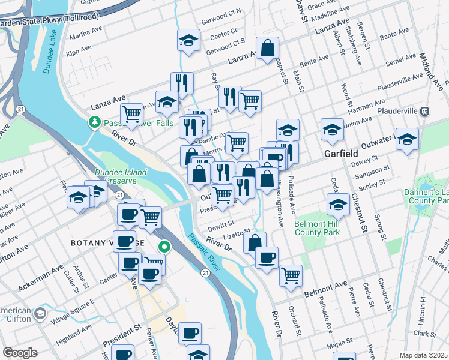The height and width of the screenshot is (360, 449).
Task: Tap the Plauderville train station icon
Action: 424,111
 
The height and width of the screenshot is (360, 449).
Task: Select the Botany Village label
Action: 99,242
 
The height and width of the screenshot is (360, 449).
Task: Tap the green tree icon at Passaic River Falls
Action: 94,122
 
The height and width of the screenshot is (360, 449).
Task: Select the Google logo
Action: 20,353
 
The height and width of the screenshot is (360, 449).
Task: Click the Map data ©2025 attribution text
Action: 423,355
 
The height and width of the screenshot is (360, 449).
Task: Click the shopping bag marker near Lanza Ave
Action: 267,48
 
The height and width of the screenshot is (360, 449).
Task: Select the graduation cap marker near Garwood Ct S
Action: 188,40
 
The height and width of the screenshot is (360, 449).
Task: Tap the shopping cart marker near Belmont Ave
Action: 291,275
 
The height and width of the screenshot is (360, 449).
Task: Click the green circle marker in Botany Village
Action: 163,247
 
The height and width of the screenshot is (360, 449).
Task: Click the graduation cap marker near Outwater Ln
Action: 407,139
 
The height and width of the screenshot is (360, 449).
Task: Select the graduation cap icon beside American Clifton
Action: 40,314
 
